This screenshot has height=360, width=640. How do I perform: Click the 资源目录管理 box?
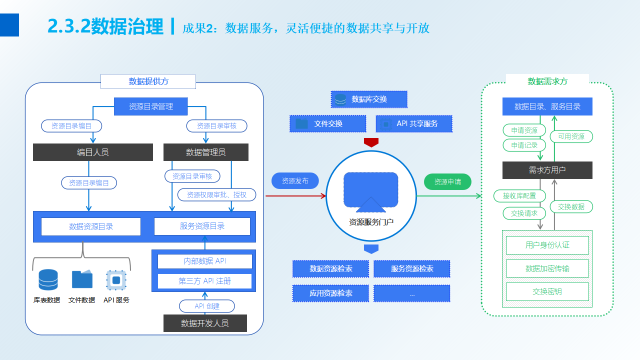(x=151, y=106)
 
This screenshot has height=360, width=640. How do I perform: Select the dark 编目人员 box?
(x=93, y=152)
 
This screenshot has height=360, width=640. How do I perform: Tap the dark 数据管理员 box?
(x=206, y=152)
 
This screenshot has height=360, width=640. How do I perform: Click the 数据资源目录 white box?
(x=91, y=226)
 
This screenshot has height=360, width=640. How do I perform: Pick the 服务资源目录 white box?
(x=202, y=226)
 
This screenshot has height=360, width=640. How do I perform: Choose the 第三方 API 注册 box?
(x=205, y=281)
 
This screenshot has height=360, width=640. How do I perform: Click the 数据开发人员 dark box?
(x=205, y=323)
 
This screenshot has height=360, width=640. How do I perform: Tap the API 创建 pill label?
(x=207, y=306)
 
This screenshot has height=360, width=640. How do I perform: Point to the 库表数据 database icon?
(x=48, y=280)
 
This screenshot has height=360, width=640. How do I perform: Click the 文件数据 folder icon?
(x=82, y=279)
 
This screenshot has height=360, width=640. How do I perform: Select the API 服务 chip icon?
(x=116, y=280)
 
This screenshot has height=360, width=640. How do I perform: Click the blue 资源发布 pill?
(x=295, y=181)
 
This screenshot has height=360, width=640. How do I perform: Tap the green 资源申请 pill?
(x=447, y=182)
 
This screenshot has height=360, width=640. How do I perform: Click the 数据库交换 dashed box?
(x=369, y=99)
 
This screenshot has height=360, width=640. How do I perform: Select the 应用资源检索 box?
(x=330, y=293)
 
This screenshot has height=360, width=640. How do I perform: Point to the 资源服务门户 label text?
(x=371, y=221)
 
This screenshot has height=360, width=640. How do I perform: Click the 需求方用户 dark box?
(x=547, y=170)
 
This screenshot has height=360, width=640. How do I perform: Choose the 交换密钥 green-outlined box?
(x=547, y=291)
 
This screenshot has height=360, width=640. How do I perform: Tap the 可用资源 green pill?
(x=571, y=136)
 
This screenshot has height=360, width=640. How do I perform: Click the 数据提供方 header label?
(x=148, y=81)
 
